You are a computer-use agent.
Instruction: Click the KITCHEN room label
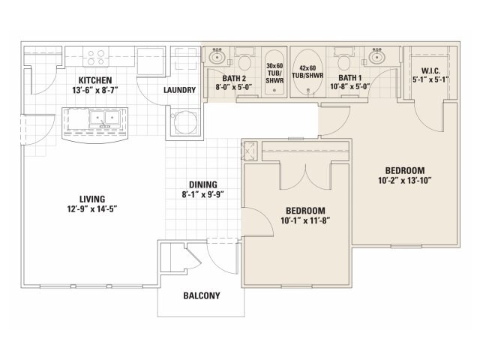(95, 80)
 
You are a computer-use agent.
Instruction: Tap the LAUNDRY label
(179, 90)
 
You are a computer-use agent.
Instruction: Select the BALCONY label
(202, 295)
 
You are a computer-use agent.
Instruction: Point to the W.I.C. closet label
(430, 71)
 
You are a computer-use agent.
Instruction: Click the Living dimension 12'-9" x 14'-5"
(92, 209)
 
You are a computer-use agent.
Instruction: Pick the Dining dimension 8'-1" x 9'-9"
(203, 195)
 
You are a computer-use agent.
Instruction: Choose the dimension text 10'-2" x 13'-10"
(405, 180)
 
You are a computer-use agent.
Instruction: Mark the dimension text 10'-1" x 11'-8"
(305, 220)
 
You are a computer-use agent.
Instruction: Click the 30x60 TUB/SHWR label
(274, 73)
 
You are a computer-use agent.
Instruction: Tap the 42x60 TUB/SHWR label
(307, 72)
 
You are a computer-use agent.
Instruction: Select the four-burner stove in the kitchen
(96, 57)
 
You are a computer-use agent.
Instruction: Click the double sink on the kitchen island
(104, 118)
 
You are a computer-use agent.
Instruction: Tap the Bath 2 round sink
(217, 57)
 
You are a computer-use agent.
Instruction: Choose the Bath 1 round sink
(376, 57)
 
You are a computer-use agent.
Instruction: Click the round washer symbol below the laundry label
(185, 122)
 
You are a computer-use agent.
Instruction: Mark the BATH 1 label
(350, 78)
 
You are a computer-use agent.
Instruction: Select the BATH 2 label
(234, 78)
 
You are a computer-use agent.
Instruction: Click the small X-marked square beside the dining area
(250, 151)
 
